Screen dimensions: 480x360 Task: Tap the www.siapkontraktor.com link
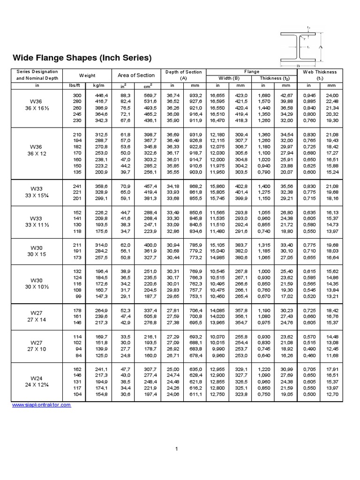[41, 405]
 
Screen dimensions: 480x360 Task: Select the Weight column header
[87, 75]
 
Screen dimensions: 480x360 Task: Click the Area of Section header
[136, 75]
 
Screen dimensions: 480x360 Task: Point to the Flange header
[251, 72]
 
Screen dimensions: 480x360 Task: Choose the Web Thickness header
[320, 72]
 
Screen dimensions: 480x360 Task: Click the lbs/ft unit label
[75, 86]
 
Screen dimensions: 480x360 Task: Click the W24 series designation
[36, 378]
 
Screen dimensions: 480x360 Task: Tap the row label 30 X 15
[36, 254]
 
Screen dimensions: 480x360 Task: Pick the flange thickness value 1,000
[264, 271]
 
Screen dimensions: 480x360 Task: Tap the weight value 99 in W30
[78, 297]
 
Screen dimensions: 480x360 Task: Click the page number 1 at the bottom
[177, 450]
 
